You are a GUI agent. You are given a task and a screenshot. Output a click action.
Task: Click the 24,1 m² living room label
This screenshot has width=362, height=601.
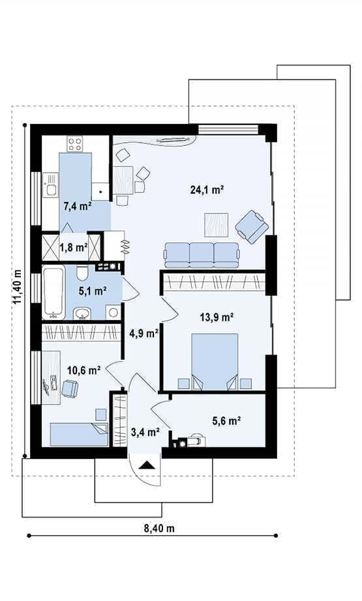pyautogui.click(x=207, y=189)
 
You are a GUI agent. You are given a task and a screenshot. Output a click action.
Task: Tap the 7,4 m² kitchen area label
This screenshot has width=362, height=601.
pyautogui.click(x=78, y=206)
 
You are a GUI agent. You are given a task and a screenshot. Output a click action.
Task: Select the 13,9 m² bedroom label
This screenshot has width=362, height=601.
pyautogui.click(x=217, y=317)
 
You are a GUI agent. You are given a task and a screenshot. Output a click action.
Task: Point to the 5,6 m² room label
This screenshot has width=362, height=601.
pyautogui.click(x=226, y=421)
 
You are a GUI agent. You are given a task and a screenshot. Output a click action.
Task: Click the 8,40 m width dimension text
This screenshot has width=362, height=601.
pyautogui.click(x=159, y=529)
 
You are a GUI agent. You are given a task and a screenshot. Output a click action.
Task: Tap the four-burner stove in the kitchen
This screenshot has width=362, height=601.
pyautogui.click(x=75, y=144)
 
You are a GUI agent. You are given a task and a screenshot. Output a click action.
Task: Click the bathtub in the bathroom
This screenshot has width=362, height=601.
pyautogui.click(x=53, y=293)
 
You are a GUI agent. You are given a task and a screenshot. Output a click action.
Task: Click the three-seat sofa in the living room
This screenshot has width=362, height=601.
pyautogui.click(x=202, y=255)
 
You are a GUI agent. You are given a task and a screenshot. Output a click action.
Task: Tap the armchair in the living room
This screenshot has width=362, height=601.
pyautogui.click(x=252, y=227)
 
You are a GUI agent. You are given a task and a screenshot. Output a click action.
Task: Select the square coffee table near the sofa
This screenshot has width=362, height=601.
pyautogui.click(x=217, y=225)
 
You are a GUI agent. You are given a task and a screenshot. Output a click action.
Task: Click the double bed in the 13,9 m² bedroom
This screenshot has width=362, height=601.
pyautogui.click(x=215, y=362)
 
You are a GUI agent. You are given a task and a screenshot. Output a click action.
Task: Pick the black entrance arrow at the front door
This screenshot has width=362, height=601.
pyautogui.click(x=147, y=465)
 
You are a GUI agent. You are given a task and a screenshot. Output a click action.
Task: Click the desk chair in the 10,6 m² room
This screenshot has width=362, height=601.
pyautogui.click(x=70, y=388)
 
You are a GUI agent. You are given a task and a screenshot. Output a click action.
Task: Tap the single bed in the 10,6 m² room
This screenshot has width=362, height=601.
pyautogui.click(x=79, y=434)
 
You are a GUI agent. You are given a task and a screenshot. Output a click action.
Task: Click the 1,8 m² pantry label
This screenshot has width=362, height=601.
pyautogui.click(x=73, y=248)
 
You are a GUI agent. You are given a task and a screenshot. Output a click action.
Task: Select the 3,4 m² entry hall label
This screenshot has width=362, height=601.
pyautogui.click(x=145, y=432)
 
